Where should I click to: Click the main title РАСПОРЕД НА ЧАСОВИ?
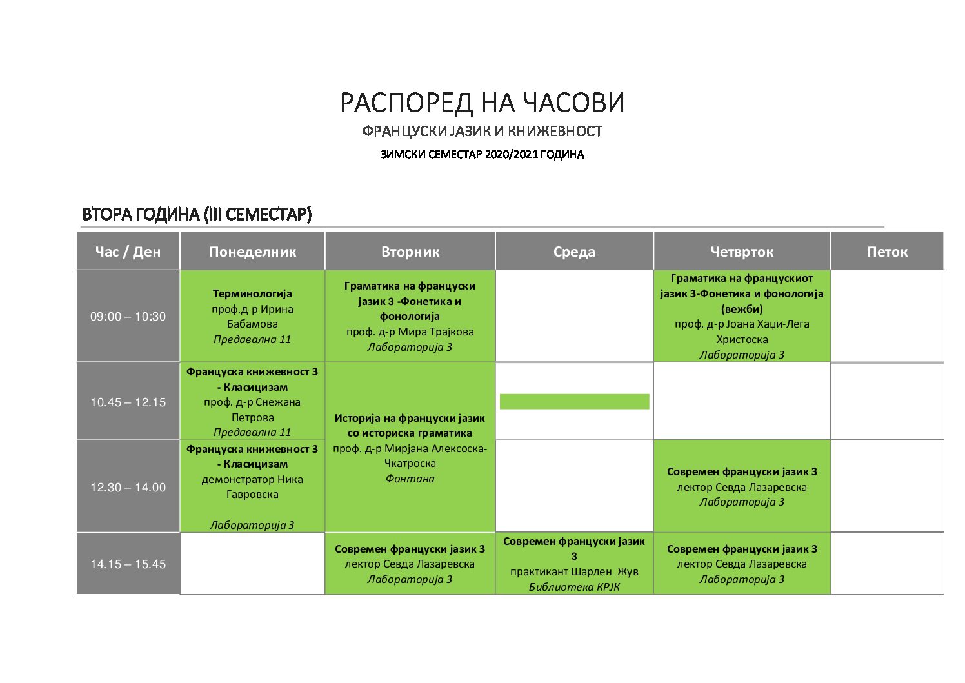tap(482, 103)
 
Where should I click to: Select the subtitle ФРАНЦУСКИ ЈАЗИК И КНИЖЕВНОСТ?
tap(482, 131)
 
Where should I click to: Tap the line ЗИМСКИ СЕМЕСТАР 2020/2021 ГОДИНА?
tap(482, 154)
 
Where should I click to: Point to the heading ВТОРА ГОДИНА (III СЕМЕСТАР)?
tap(197, 214)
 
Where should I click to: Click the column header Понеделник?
tap(252, 252)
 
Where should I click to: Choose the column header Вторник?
tap(410, 252)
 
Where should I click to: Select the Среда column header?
tap(574, 252)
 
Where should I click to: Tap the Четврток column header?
tap(742, 252)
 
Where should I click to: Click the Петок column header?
tap(887, 252)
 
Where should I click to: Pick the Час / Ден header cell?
tap(128, 252)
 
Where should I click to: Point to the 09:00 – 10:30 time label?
tap(128, 317)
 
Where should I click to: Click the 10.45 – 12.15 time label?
tap(128, 402)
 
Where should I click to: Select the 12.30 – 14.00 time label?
tap(128, 487)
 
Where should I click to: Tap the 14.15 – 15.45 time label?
tap(128, 564)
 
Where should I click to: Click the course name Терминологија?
tap(252, 293)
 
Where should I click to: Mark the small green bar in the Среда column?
tap(574, 401)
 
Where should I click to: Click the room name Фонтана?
tap(410, 479)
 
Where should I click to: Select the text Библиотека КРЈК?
tap(574, 587)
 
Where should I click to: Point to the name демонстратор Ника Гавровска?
tap(252, 487)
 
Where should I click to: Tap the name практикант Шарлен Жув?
tap(574, 571)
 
